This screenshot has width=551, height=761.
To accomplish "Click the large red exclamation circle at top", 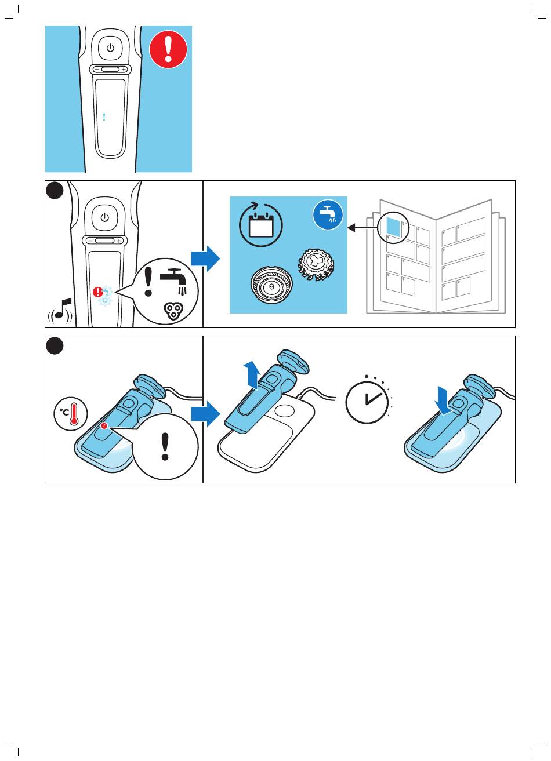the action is click(x=168, y=50).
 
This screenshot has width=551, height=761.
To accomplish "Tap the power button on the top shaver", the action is click(x=110, y=48).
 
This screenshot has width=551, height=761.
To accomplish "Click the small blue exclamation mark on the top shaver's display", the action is click(x=104, y=117).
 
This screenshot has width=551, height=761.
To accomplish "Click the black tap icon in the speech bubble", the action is click(x=173, y=281).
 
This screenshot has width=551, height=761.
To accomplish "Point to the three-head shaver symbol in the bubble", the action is click(x=173, y=311).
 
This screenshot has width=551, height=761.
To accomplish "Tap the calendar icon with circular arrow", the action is click(x=261, y=224).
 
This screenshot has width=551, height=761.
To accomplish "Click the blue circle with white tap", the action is click(x=328, y=214).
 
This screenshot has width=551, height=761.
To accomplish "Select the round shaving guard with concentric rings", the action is click(x=271, y=286).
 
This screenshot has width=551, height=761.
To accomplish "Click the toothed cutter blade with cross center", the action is click(x=316, y=265).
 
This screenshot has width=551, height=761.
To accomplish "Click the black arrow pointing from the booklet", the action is click(x=362, y=227).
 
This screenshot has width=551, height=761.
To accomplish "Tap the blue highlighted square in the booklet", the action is click(x=394, y=227).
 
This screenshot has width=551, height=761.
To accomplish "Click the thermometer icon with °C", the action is click(x=71, y=413).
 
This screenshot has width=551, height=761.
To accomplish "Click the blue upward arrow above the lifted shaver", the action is click(x=252, y=375).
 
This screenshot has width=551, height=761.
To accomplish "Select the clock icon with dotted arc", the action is click(x=369, y=400).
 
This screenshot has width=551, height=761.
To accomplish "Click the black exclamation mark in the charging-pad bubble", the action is click(x=165, y=446).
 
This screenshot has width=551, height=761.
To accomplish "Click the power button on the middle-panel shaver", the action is click(x=105, y=218).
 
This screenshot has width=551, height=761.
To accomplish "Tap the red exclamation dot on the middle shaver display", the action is click(x=97, y=292).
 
